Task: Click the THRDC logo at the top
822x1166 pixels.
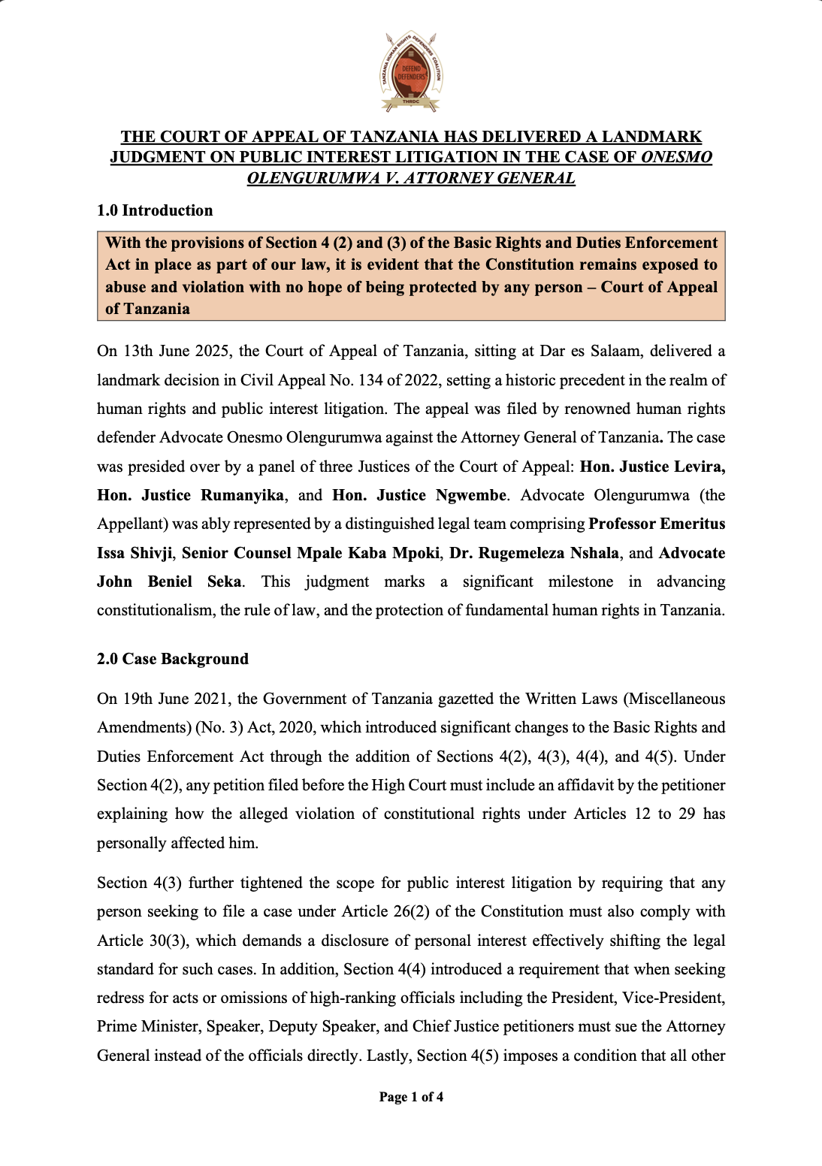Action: pos(411,72)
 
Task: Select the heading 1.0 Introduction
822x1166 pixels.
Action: pos(155,210)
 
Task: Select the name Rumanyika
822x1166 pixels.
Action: pos(242,495)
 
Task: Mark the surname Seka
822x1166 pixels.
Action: pos(224,581)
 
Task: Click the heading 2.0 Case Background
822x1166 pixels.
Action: pos(173,659)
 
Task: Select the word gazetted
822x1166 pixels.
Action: pos(466,699)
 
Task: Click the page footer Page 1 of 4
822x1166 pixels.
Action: pos(411,1097)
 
